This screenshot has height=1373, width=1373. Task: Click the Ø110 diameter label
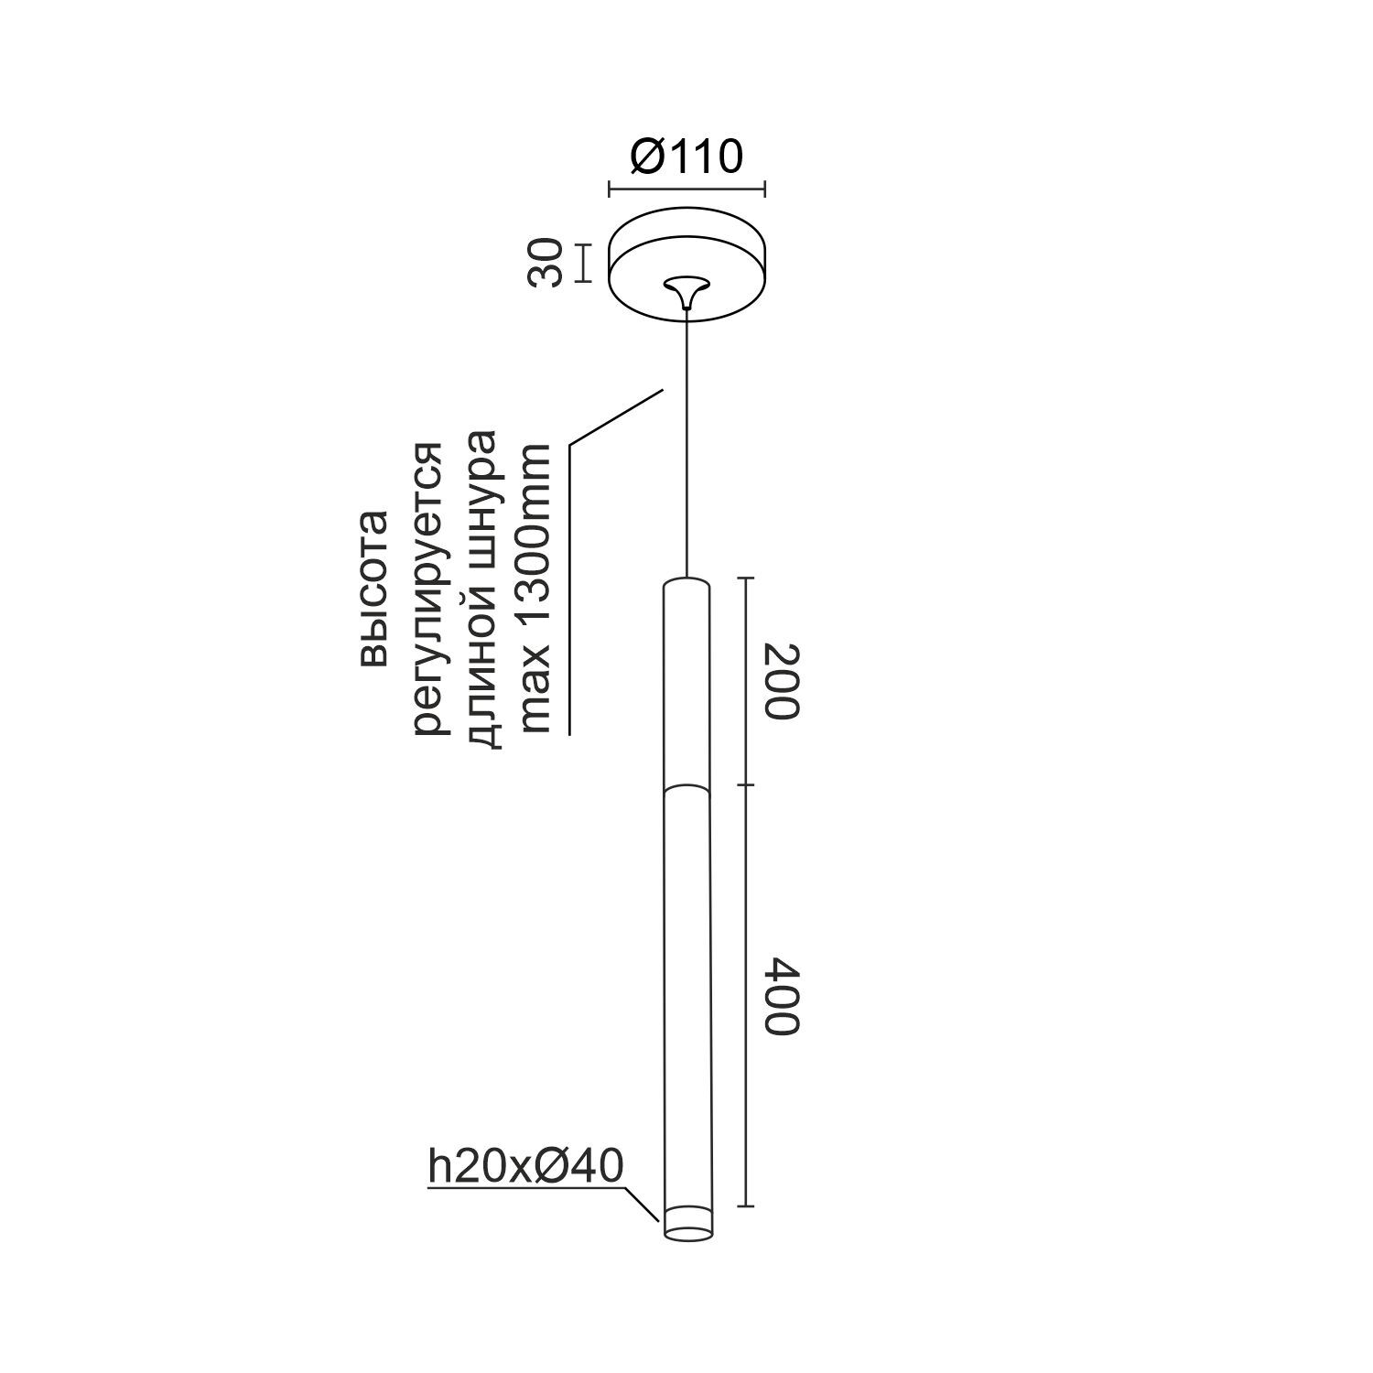(x=686, y=157)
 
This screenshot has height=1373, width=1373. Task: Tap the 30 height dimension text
(x=546, y=263)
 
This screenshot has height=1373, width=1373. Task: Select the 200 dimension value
(x=782, y=681)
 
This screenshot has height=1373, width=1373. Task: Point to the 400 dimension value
(x=782, y=996)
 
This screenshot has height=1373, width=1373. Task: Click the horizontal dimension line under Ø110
(x=686, y=190)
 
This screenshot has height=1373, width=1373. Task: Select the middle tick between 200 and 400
(x=748, y=784)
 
